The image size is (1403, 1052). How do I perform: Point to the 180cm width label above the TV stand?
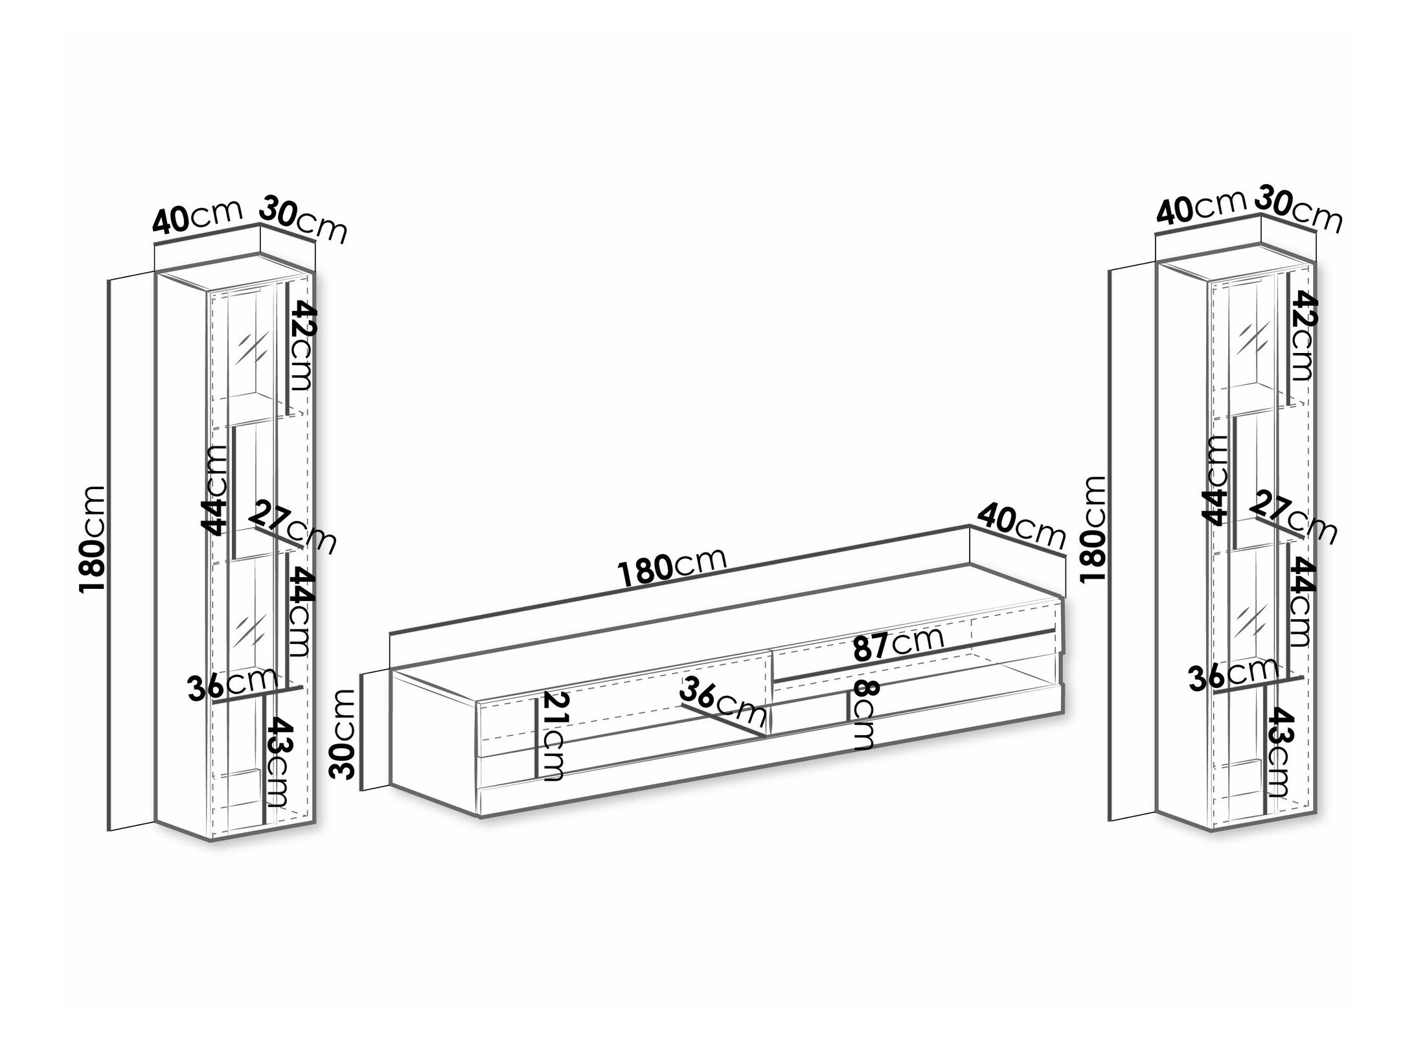[x=673, y=568]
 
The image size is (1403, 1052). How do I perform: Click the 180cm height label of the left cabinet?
[x=91, y=539]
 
